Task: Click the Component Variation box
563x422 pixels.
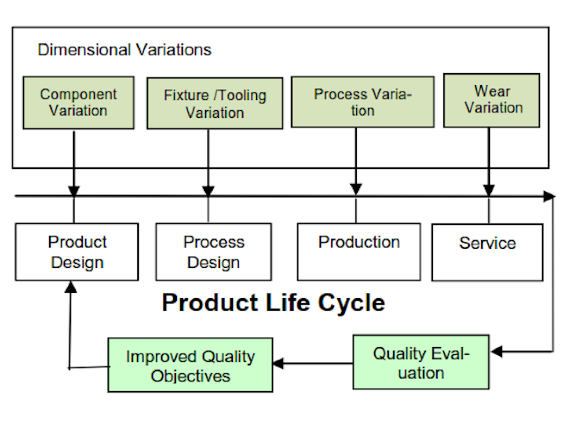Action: click(x=78, y=103)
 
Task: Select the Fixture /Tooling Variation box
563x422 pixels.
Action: click(x=215, y=103)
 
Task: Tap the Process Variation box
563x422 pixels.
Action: click(x=363, y=102)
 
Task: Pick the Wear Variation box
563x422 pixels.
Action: click(x=492, y=100)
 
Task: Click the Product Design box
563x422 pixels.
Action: click(x=77, y=252)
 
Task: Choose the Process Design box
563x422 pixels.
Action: click(x=214, y=252)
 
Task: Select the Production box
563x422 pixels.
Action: click(x=359, y=252)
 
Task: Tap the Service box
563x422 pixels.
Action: click(x=487, y=253)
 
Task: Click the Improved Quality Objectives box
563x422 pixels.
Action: click(x=190, y=365)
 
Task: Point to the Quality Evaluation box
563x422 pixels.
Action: click(x=421, y=362)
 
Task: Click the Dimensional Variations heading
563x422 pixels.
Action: click(x=124, y=49)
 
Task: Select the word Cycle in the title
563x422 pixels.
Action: click(x=351, y=303)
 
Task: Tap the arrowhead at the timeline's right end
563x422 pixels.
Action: click(x=549, y=196)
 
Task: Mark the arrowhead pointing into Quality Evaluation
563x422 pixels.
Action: click(x=496, y=351)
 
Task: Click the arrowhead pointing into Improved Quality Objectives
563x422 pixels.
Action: click(x=278, y=364)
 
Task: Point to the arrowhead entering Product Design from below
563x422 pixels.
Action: click(x=70, y=287)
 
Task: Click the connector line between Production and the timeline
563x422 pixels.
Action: click(x=356, y=210)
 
